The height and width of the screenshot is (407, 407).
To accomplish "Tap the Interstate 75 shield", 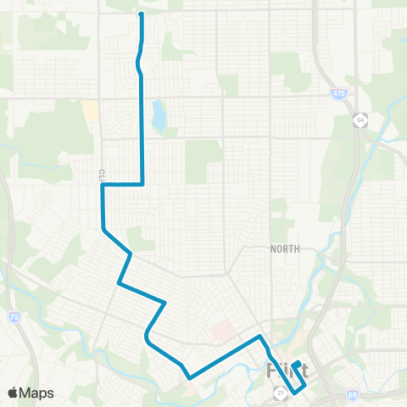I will coord(13,315).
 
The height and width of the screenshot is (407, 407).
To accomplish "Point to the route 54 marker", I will coord(361,117).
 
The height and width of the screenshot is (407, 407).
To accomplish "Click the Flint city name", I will coord(287,371).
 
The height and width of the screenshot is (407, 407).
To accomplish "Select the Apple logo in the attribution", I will coord(14,393).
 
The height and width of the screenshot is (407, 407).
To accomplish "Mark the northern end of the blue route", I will coord(141,14).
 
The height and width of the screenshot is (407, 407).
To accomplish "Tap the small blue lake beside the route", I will coord(158,116).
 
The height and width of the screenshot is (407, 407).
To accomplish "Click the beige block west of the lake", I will coord(90,111).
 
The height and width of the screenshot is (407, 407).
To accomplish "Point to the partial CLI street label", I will coord(100,175).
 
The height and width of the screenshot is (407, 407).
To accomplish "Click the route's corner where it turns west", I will coord(142,184).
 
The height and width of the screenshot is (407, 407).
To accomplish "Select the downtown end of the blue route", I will coord(296,363).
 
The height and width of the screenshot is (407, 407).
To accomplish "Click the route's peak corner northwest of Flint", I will coord(260,337).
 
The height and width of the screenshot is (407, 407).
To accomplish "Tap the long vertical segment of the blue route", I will coord(142,127).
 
